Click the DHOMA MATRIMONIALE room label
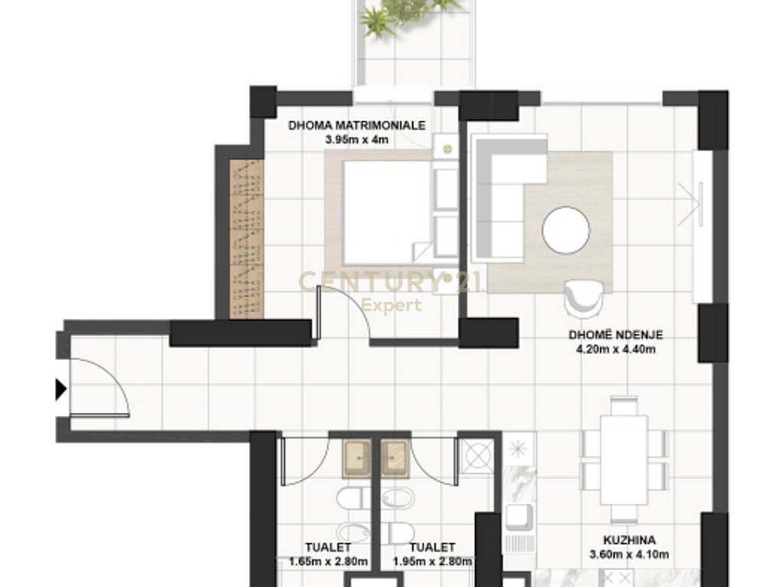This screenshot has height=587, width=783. click(356, 126)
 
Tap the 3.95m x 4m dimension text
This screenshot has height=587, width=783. click(356, 139)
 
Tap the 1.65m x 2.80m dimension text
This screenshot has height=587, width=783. click(328, 562)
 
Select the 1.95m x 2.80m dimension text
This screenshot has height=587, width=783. click(432, 562)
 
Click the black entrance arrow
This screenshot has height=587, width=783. click(61, 390)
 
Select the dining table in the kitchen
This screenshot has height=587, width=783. click(623, 459)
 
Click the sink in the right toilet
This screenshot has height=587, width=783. click(396, 456)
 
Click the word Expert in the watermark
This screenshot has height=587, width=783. click(391, 306)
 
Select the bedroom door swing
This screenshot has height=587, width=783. click(344, 317)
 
